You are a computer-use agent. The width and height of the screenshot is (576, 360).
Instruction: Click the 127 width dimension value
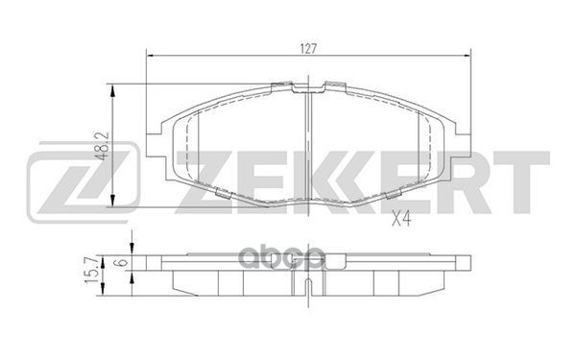[x=307, y=44]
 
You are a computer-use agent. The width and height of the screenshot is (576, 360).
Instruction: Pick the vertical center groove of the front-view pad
[x=308, y=144]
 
